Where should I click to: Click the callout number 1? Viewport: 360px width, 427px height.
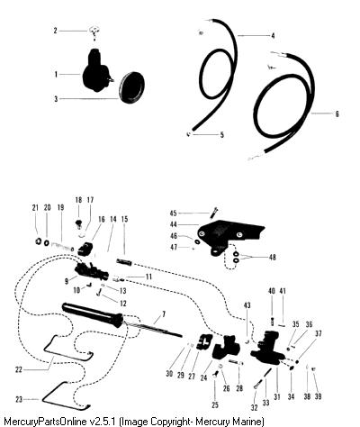[56, 74]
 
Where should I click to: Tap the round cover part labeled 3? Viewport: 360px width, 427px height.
[131, 87]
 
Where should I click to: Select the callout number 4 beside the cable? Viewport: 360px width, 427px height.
[273, 36]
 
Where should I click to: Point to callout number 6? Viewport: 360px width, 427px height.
[337, 114]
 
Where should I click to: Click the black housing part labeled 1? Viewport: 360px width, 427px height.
[95, 71]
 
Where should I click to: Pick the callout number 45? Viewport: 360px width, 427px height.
[173, 213]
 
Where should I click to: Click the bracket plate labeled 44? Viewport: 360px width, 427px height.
[228, 236]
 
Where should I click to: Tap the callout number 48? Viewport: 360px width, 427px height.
[272, 258]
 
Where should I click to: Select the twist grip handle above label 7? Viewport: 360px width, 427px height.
[93, 315]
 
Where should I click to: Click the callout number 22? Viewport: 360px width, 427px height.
[19, 369]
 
